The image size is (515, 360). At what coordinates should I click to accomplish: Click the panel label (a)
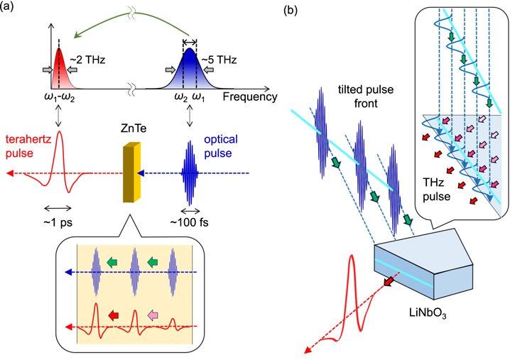point(10,9)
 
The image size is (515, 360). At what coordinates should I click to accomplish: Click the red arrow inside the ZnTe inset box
point(112,315)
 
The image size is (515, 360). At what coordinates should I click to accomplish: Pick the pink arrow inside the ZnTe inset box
point(151,315)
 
